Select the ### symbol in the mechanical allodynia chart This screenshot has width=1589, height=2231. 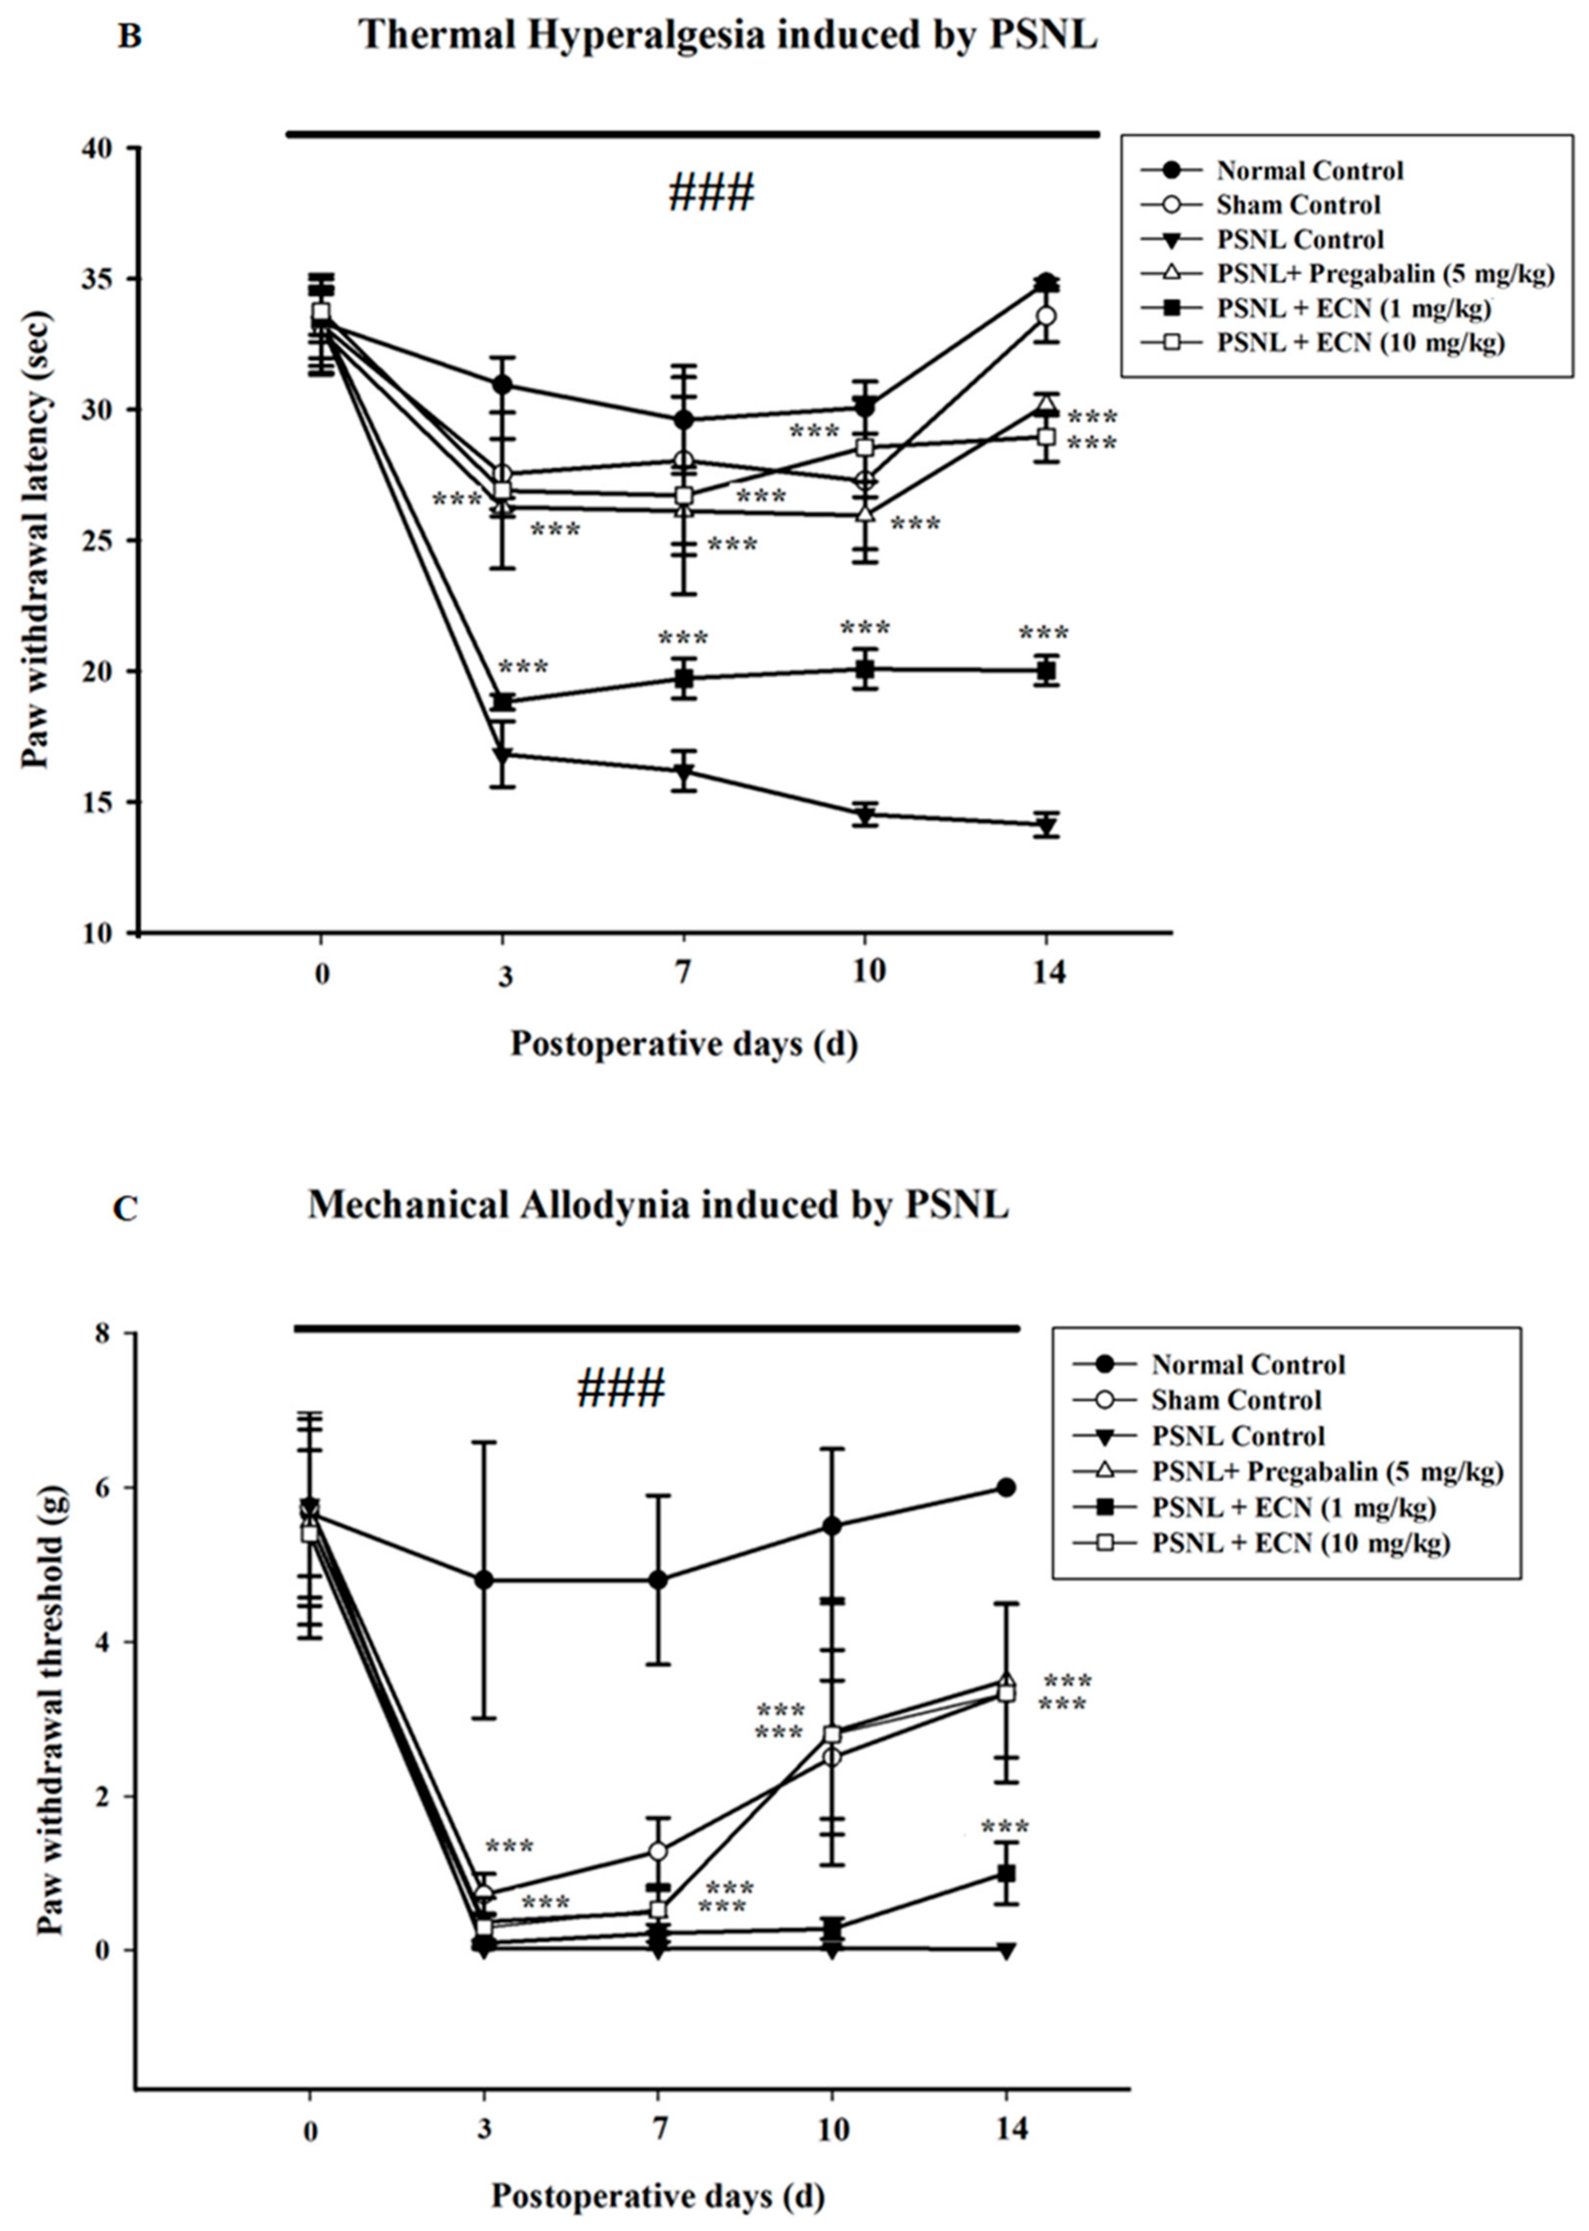[x=621, y=1388]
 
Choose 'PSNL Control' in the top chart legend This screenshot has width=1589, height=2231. [x=1301, y=240]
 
